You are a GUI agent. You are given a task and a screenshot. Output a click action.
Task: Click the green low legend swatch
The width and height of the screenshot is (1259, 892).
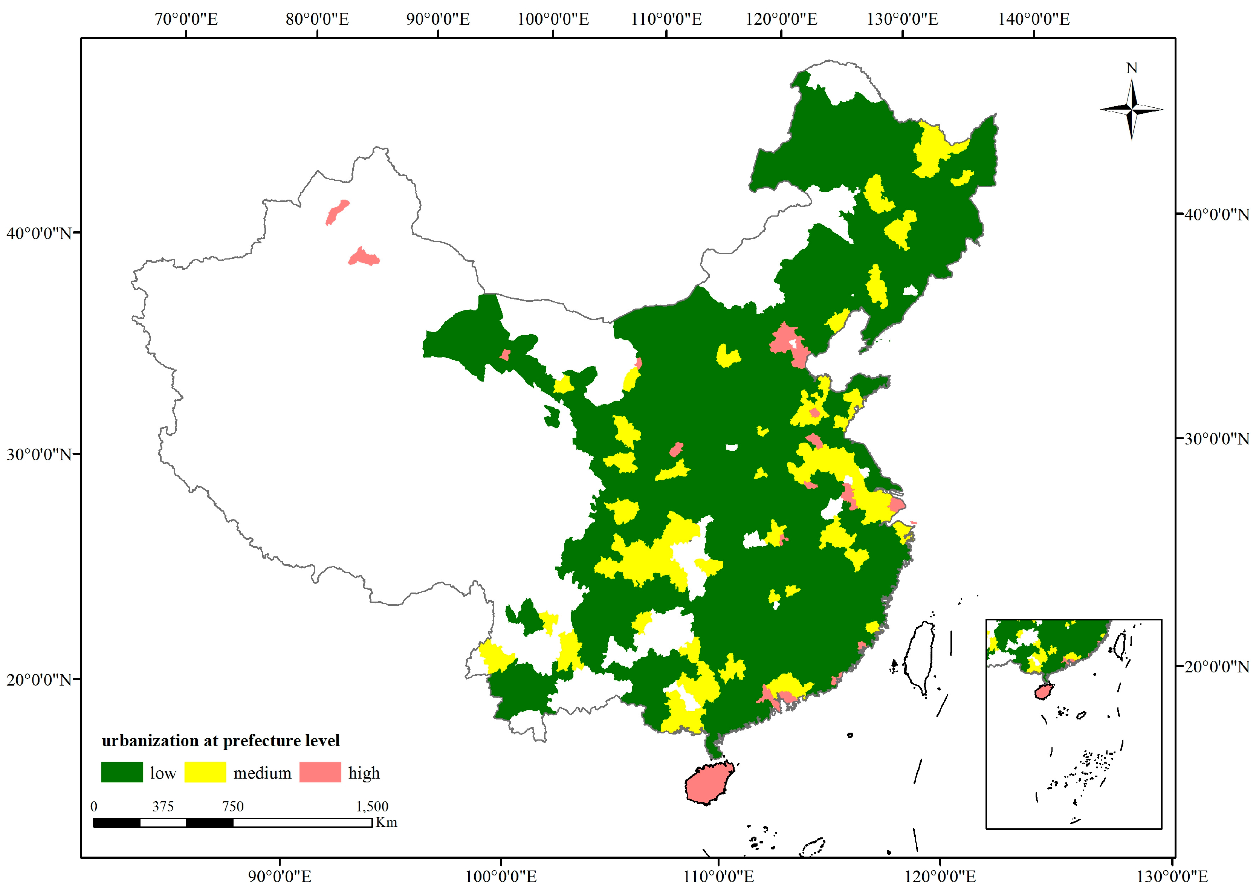pos(122,772)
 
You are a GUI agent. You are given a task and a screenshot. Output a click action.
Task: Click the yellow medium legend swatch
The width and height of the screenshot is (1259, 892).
pos(205,772)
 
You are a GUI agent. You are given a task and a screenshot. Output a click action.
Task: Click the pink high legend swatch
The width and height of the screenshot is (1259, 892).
pos(320,772)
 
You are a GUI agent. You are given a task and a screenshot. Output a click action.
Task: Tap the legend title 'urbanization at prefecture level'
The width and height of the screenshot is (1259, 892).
pos(221,741)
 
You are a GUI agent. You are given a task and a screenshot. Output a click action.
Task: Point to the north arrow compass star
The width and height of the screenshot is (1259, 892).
pos(1132,109)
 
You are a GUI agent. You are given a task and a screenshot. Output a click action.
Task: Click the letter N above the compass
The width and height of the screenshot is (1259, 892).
pos(1132,68)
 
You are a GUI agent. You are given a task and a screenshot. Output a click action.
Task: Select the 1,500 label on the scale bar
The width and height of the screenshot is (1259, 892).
pos(372,806)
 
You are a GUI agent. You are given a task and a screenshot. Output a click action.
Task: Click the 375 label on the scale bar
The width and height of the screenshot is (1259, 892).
pos(163,806)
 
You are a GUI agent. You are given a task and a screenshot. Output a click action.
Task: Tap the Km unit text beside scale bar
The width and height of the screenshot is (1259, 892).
pos(386,822)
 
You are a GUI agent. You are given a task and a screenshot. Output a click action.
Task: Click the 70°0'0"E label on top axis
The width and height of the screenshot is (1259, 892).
pos(186,19)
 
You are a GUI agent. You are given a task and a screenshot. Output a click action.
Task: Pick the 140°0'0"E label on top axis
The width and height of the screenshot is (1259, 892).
pos(1033,19)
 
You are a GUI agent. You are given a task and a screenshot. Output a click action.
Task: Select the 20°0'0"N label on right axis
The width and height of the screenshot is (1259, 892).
pos(1216,667)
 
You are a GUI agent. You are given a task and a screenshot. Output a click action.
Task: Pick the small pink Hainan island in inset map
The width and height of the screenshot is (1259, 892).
pos(1043,692)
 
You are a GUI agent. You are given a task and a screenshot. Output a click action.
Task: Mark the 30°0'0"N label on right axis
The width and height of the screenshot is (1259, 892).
pos(1216,439)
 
